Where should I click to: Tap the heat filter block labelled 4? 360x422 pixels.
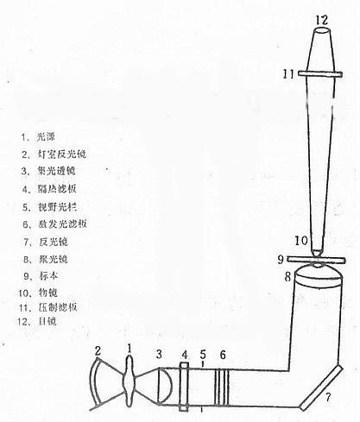pos(185,383)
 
